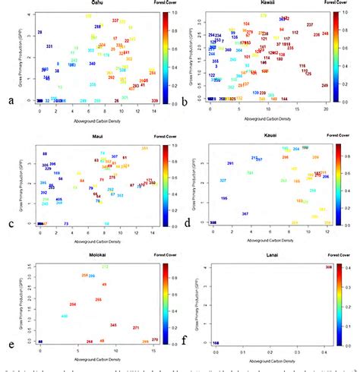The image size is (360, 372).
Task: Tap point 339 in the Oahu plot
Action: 155,101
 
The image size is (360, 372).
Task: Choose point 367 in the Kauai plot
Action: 245,214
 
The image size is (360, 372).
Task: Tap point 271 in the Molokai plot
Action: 136,328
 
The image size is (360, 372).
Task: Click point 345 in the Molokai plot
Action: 113,325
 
